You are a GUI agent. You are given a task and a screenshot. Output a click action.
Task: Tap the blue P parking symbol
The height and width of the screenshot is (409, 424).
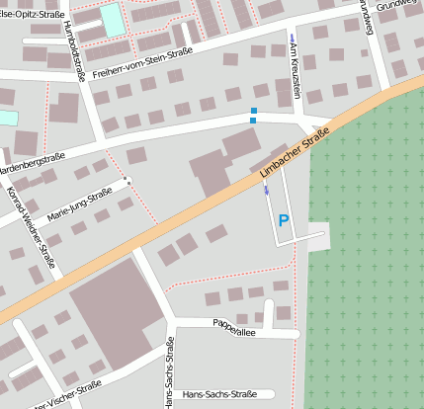click(284, 221)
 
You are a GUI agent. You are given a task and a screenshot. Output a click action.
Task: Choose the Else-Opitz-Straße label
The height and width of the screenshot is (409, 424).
click(27, 14)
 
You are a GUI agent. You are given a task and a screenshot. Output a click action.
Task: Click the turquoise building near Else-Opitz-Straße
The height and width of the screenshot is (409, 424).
click(113, 18)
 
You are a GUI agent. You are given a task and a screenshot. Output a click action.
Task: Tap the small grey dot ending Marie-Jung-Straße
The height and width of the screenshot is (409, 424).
click(127, 180)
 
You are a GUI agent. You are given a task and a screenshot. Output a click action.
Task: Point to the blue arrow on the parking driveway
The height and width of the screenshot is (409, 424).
click(266, 191)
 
